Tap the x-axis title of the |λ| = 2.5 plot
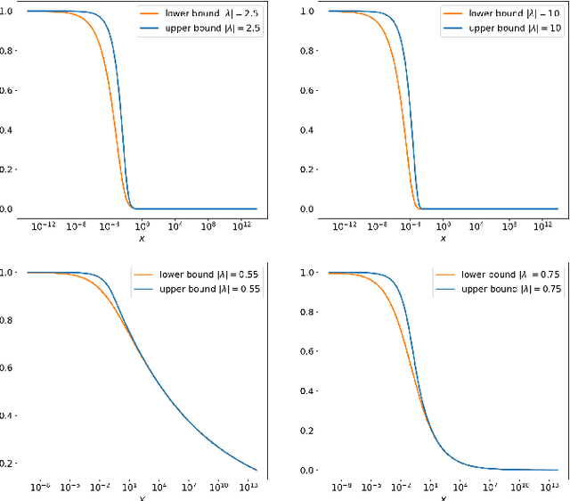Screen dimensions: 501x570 tap(141, 239)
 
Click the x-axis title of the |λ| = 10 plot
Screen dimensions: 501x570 tap(443, 239)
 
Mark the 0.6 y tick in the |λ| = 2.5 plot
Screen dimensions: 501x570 tap(7, 90)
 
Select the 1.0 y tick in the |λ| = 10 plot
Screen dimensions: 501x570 tap(307, 11)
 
